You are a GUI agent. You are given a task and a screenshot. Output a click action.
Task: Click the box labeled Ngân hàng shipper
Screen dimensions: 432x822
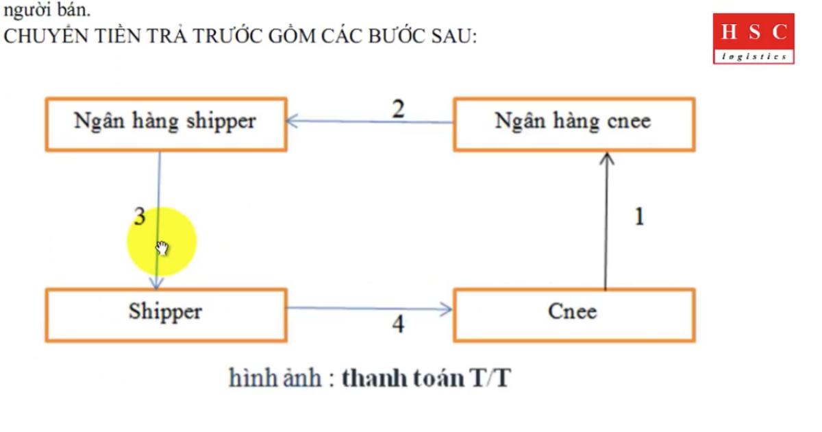point(165,123)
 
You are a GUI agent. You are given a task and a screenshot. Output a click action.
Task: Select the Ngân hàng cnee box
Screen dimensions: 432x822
point(573,123)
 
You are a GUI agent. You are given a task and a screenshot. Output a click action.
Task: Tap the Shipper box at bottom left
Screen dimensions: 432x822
point(165,314)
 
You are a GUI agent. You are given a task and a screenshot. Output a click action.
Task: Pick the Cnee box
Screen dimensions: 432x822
point(573,314)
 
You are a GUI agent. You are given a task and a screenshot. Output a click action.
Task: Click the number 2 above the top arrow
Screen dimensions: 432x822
point(398,109)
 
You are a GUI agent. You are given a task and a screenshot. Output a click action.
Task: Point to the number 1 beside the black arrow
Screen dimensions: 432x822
point(639,217)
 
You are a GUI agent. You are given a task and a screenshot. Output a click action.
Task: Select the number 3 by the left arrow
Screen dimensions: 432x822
point(140,217)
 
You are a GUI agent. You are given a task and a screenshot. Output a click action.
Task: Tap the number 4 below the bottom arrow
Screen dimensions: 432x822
point(398,324)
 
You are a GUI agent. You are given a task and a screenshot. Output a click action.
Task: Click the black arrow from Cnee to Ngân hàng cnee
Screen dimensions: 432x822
point(606,219)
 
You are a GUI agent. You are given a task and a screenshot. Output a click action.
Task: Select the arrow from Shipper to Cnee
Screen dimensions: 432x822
point(370,309)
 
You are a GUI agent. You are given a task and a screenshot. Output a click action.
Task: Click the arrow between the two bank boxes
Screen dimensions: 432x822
point(370,122)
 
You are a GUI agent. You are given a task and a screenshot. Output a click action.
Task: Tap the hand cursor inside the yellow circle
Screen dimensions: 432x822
point(162,248)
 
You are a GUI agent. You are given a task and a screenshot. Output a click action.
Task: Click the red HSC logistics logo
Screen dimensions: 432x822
point(754,38)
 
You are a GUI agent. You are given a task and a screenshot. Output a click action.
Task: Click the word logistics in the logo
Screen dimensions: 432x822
point(754,56)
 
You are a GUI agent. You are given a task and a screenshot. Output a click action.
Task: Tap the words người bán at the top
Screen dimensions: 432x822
point(47,10)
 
